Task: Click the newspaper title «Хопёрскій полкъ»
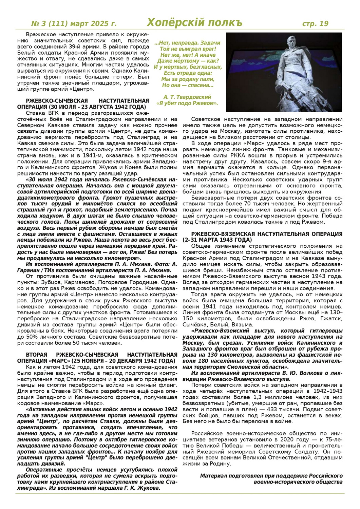point(194,23)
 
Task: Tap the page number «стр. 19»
point(315,24)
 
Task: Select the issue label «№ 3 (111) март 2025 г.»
point(74,24)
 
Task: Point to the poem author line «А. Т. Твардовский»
point(187,97)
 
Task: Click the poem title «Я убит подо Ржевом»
point(187,103)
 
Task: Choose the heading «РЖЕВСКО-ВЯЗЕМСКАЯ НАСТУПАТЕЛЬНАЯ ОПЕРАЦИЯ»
point(267,234)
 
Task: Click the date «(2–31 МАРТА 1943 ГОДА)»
point(219,240)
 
